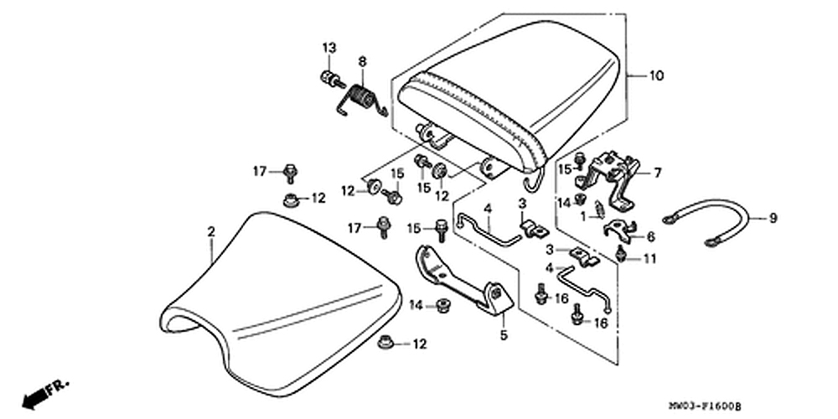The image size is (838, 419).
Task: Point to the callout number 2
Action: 212,230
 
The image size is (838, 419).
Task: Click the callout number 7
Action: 657,173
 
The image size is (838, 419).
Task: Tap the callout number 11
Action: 650,259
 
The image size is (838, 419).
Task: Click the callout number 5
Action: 504,337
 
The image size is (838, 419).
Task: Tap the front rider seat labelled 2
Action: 277,293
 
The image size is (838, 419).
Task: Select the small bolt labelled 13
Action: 332,80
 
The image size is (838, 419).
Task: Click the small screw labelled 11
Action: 621,254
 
